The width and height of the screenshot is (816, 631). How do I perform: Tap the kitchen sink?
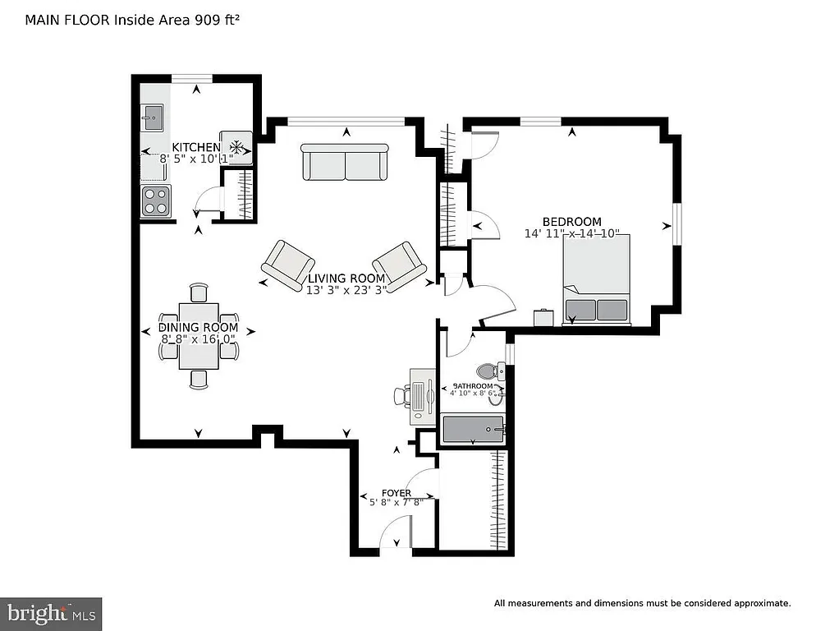[152, 117]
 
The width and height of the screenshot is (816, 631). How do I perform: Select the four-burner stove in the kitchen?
[156, 200]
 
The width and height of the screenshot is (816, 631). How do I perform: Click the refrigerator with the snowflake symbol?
[236, 147]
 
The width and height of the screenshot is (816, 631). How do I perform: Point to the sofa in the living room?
[345, 162]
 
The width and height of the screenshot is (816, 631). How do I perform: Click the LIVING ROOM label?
[346, 279]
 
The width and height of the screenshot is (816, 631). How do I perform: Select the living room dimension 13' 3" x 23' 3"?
[346, 290]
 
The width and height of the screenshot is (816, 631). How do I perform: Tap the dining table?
[199, 335]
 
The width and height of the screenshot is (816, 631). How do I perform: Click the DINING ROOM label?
[198, 328]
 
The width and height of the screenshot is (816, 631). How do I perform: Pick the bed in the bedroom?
[597, 279]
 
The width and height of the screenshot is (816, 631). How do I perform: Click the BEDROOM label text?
[571, 222]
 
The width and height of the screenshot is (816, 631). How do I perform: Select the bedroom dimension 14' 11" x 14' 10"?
[573, 233]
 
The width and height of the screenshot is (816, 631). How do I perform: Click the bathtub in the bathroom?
[472, 430]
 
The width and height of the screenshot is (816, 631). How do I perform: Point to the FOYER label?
[397, 493]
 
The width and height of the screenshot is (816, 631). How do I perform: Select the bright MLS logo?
[51, 613]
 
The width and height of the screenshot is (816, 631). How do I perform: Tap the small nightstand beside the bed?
[543, 317]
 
